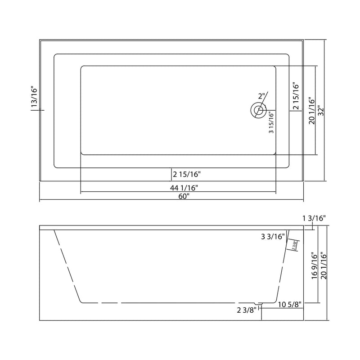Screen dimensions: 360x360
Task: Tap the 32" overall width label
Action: tap(319, 111)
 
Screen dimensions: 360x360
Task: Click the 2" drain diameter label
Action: tap(262, 96)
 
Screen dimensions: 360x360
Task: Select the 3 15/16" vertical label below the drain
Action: tap(271, 123)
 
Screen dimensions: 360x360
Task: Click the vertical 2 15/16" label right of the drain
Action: tap(296, 96)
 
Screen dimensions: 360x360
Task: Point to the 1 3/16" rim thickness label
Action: tap(314, 218)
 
